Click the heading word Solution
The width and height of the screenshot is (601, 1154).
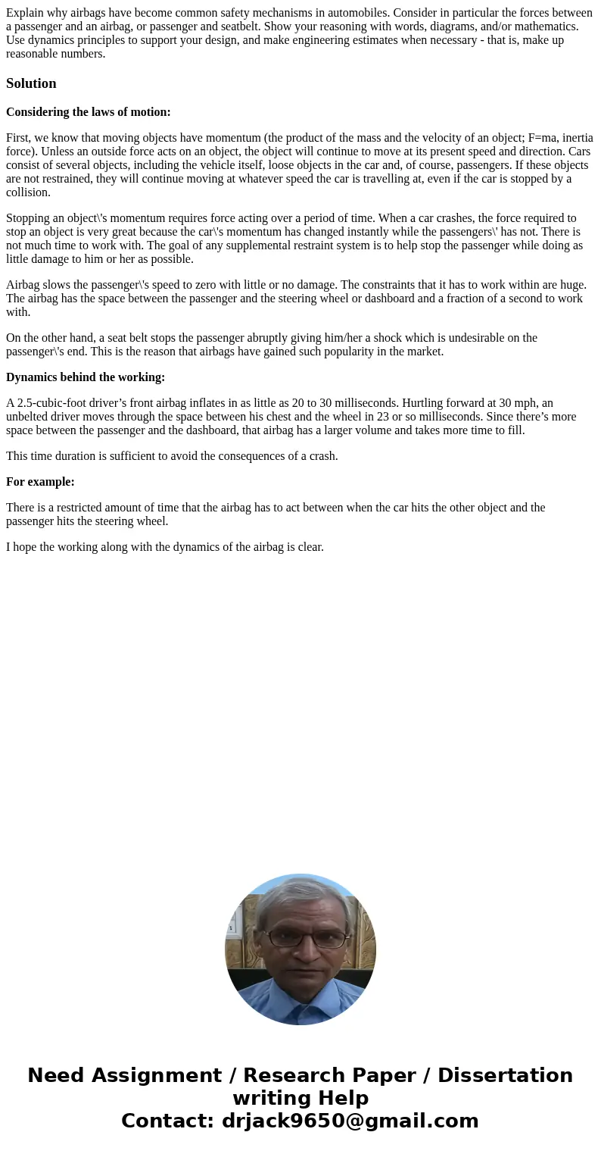[31, 83]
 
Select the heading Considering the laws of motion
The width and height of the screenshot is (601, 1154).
[89, 112]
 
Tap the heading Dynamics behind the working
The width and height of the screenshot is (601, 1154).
[86, 377]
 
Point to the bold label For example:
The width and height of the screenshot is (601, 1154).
[40, 482]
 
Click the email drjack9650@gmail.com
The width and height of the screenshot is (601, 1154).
[350, 1121]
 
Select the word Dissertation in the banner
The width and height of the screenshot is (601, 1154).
[505, 1075]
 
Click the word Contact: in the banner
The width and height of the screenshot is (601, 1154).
[168, 1121]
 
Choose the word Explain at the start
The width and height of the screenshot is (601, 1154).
[26, 13]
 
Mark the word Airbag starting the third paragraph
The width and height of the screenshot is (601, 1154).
[23, 285]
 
